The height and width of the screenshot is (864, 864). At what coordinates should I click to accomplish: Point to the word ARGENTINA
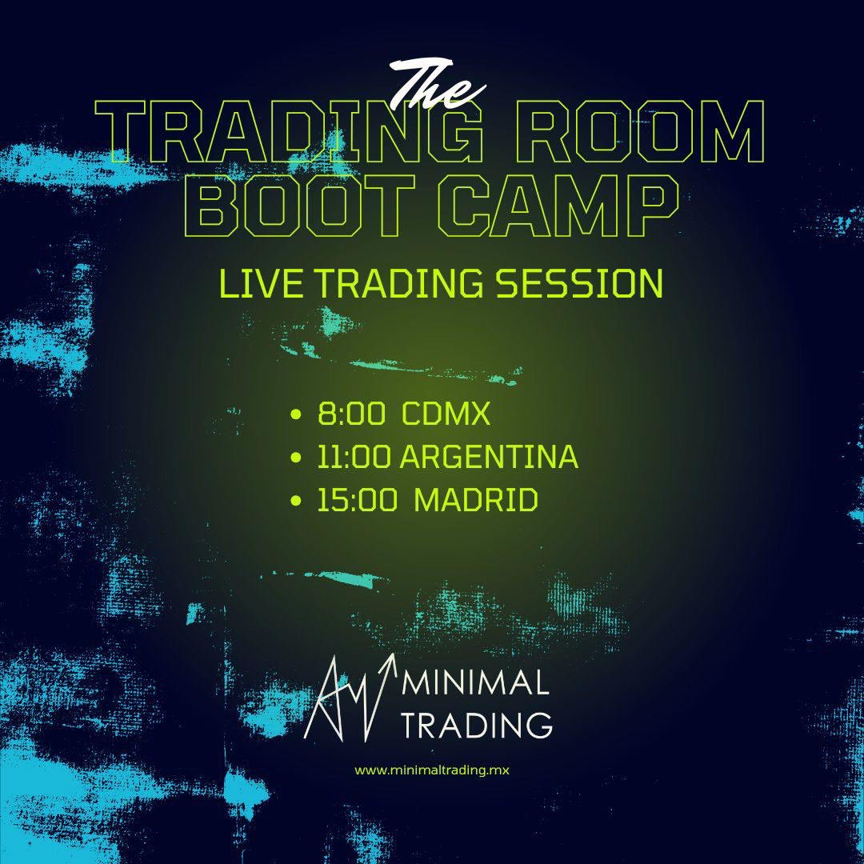tap(489, 458)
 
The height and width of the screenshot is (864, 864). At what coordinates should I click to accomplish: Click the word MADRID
tap(476, 501)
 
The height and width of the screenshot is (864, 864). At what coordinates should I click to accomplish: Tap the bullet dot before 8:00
tap(298, 416)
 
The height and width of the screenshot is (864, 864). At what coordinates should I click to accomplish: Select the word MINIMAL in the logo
tap(478, 684)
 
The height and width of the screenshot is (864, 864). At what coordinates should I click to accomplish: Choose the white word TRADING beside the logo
tap(478, 725)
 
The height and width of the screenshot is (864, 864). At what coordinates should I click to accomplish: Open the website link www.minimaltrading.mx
tap(432, 770)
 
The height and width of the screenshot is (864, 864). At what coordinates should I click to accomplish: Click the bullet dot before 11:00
tap(298, 458)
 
